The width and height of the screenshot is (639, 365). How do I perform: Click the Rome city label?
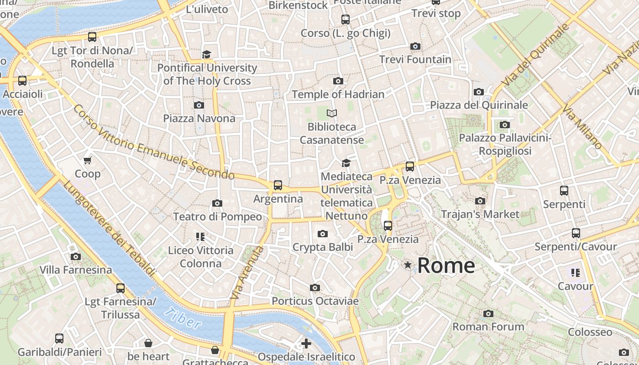(446, 266)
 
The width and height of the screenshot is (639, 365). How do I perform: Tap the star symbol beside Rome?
(408, 265)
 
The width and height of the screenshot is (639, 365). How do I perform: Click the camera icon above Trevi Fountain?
(415, 46)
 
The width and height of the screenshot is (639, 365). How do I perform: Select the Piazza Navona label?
(199, 119)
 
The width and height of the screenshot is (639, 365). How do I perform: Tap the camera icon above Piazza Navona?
(199, 105)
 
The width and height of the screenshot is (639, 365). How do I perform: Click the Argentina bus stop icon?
(278, 185)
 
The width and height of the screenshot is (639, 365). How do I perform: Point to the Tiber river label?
(183, 318)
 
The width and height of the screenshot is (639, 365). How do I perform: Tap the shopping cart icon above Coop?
(88, 160)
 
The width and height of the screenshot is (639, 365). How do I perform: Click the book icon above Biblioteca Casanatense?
(332, 113)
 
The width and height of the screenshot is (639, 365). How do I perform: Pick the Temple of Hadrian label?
(338, 94)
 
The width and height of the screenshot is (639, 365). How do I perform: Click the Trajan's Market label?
(480, 214)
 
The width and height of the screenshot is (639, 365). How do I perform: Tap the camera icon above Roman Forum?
(488, 313)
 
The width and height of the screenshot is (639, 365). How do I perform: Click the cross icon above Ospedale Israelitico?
(306, 343)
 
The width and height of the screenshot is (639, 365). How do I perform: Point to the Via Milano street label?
(582, 127)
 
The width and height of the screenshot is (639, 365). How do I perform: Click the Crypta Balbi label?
(323, 247)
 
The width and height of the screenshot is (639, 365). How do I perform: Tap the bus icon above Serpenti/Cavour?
(576, 233)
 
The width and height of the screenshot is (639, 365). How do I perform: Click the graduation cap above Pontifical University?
(207, 55)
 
